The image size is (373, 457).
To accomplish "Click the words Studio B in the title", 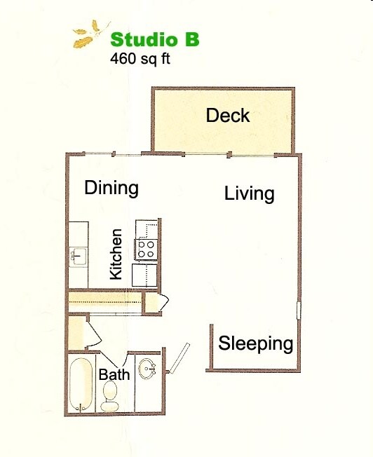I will click(x=154, y=39).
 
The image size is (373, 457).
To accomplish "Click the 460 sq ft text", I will click(x=140, y=59).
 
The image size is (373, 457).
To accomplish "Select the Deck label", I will click(x=228, y=115).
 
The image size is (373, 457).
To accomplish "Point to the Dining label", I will click(x=111, y=188).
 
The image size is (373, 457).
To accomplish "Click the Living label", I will click(x=249, y=193).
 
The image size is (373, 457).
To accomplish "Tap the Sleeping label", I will click(x=255, y=343).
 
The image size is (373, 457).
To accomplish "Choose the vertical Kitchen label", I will click(x=116, y=254).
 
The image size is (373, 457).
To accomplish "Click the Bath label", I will click(x=114, y=375).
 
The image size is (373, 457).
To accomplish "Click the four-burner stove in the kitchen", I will click(x=146, y=248).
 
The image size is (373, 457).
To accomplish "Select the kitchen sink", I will click(x=78, y=257).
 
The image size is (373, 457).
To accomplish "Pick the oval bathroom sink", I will click(x=147, y=369).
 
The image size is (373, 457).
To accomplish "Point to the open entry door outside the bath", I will click(x=179, y=355).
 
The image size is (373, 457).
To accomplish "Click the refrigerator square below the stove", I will click(x=145, y=274).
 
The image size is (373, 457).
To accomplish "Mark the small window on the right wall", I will click(x=299, y=309).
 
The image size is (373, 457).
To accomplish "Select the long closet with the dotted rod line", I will click(x=105, y=302).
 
